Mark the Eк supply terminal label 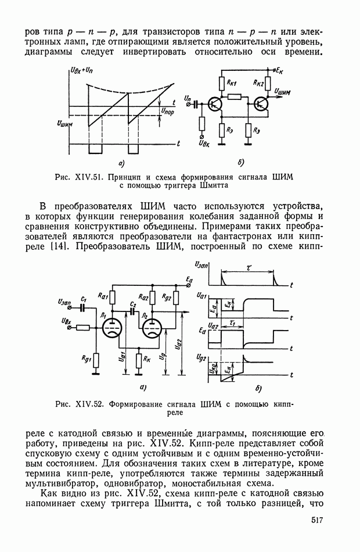tap(280, 70)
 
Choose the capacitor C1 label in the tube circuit tap(84, 299)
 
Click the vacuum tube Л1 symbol tap(110, 328)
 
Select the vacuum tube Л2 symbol tap(153, 328)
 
